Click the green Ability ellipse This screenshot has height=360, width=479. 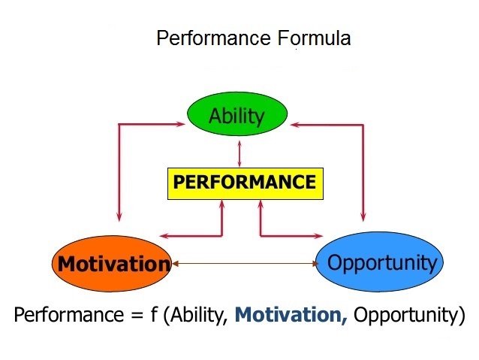coord(237,113)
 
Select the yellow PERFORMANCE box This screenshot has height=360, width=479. coord(246,183)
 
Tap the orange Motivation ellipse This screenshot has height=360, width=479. coord(112,263)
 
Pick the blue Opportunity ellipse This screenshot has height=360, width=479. coord(379,262)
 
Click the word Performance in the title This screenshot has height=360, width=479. coord(213,38)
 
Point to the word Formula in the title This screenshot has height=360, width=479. coord(314,38)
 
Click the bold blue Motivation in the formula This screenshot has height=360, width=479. coord(291,315)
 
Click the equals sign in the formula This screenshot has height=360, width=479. coord(138,316)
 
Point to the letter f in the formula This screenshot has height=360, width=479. coord(154,314)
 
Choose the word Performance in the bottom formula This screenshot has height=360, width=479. coord(69,315)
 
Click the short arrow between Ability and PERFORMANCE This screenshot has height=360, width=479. coord(239,153)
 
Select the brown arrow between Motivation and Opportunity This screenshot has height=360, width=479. coord(245,263)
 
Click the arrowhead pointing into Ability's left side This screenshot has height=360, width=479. coord(180,124)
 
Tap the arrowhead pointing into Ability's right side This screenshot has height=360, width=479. coord(296,125)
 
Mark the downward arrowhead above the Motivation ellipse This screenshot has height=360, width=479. coord(119,216)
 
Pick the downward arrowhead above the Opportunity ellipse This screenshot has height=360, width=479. coord(363,216)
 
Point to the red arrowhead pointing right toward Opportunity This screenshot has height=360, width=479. coord(318,236)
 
